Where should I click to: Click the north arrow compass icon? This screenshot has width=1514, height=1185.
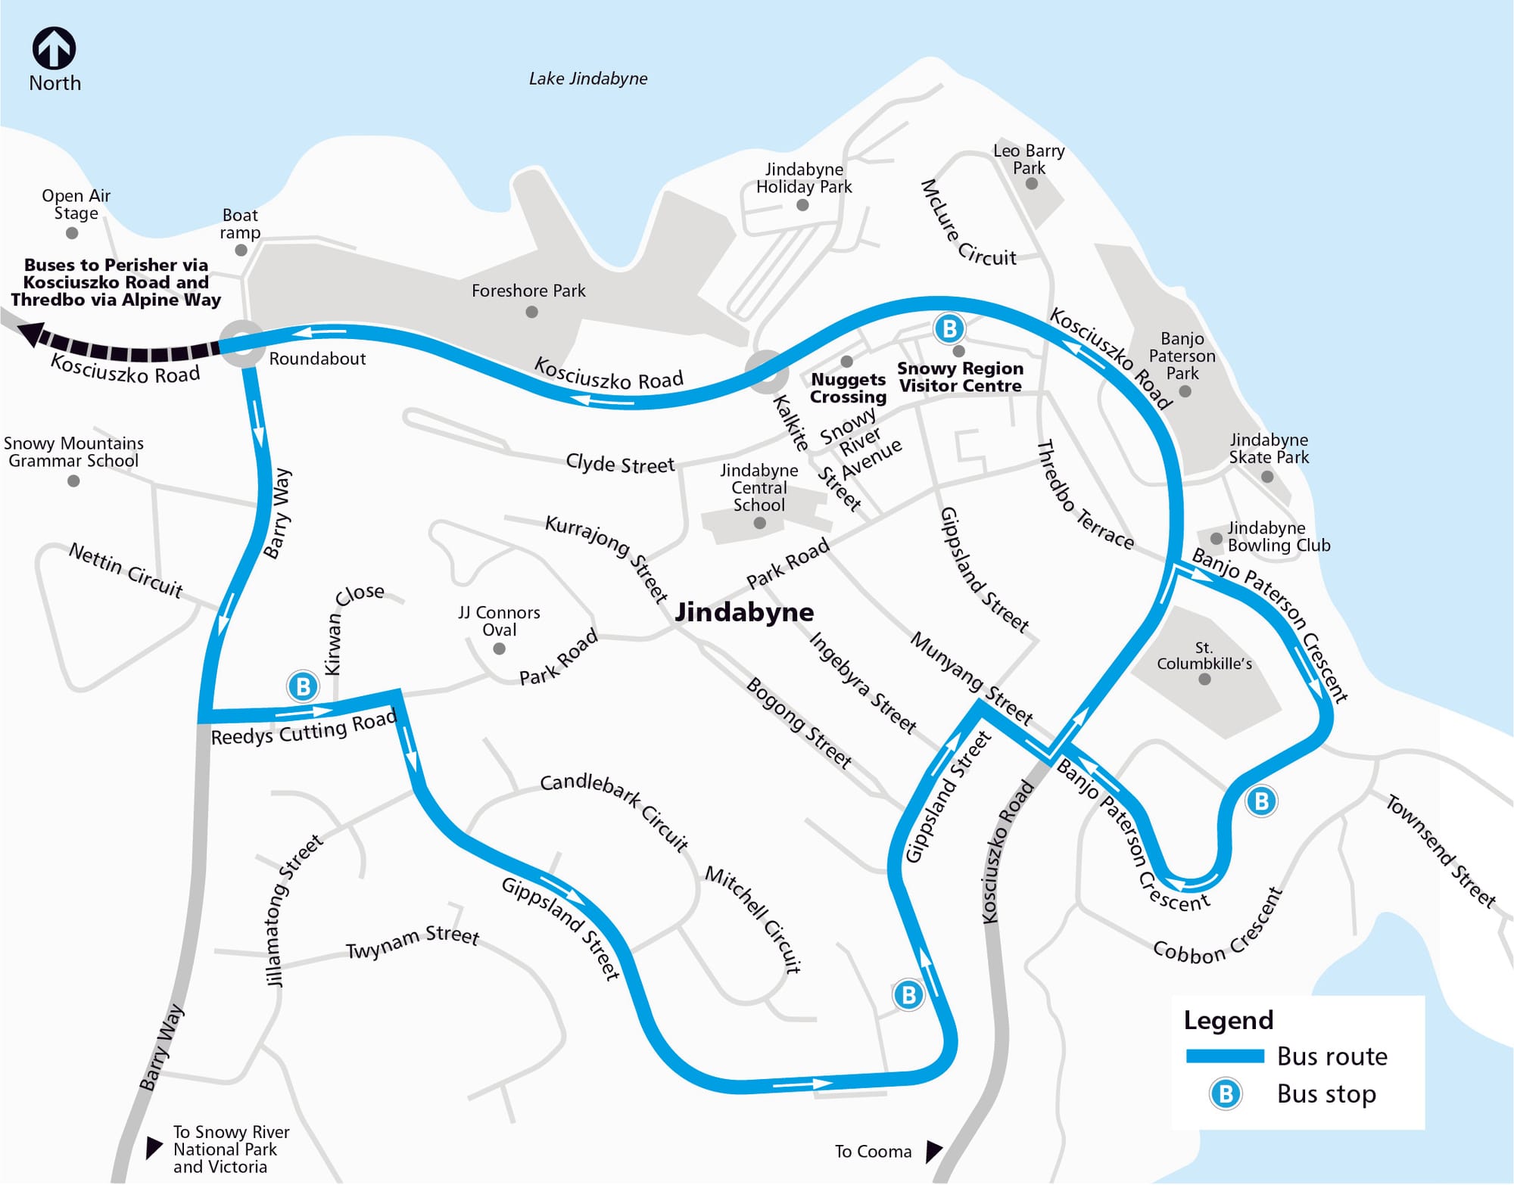(54, 48)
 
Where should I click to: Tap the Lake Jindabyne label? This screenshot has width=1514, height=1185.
(587, 79)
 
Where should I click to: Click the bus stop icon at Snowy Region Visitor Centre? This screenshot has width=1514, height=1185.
(949, 328)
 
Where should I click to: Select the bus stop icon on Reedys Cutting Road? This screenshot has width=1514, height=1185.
(303, 686)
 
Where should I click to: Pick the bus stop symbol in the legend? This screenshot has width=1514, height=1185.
(1225, 1094)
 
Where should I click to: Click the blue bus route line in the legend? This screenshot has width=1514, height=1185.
(1224, 1056)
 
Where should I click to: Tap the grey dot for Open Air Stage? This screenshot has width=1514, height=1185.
(73, 233)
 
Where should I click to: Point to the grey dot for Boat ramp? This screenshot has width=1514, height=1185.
(241, 250)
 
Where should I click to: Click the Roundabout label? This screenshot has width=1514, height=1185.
(317, 359)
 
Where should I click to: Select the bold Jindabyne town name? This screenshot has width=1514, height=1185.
(744, 611)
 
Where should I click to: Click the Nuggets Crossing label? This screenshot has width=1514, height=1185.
(848, 388)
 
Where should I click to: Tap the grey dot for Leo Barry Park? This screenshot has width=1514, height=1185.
(1031, 184)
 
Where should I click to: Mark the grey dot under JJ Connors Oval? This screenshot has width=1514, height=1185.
(499, 648)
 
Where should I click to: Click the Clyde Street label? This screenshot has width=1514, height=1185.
(619, 464)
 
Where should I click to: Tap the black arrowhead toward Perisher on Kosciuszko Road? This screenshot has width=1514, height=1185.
(30, 333)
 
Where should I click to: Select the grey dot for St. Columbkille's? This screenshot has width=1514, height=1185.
(1204, 679)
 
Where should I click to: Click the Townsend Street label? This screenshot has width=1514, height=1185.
(1440, 851)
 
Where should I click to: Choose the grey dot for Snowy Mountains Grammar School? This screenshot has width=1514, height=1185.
(73, 481)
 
